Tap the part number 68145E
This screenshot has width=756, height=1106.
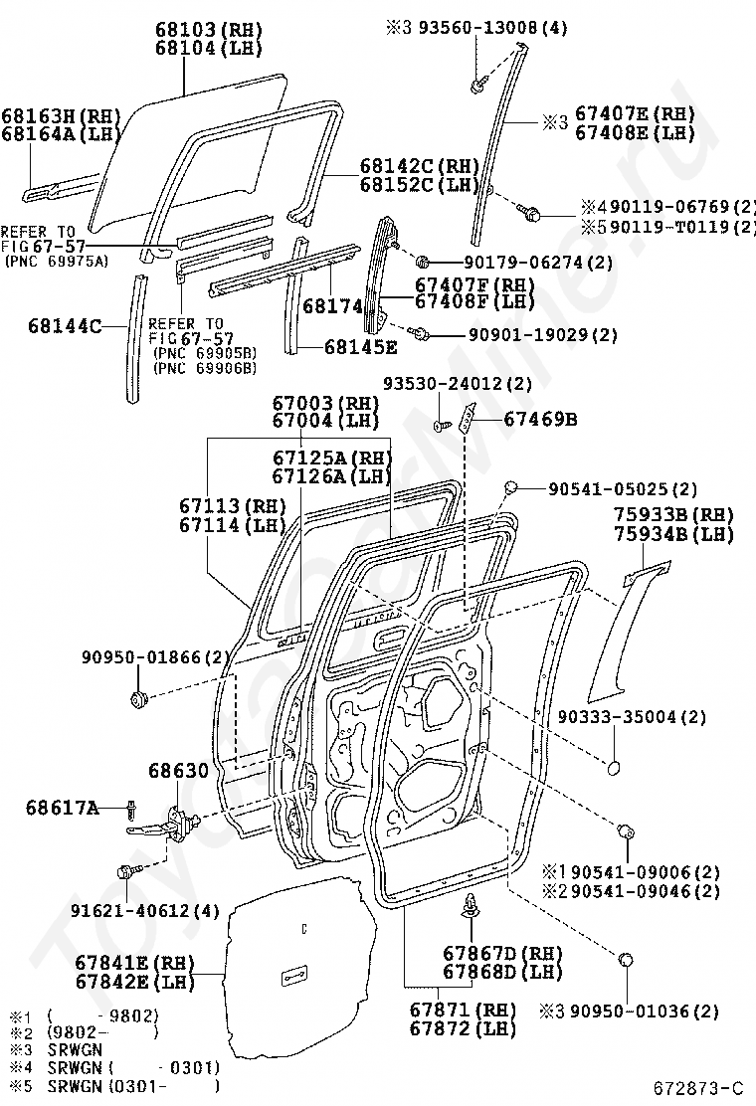click(x=361, y=346)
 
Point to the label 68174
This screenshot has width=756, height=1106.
click(x=331, y=307)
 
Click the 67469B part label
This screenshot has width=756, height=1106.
click(x=540, y=419)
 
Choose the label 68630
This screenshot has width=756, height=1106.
click(x=178, y=771)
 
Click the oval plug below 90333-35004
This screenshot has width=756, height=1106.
click(x=614, y=769)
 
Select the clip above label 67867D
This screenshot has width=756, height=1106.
click(x=472, y=905)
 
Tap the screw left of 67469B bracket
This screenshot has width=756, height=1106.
click(x=439, y=426)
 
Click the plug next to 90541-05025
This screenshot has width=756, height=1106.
click(x=512, y=487)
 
